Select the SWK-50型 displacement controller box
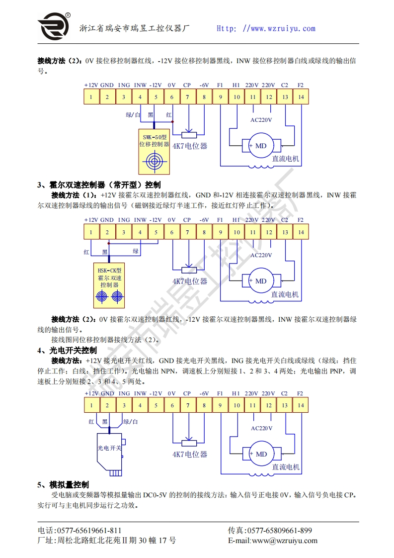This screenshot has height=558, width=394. [154, 151]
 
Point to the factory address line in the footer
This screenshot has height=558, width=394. [107, 541]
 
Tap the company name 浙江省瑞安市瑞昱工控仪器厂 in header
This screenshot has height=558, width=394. [135, 28]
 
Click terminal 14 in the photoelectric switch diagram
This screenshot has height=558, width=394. [301, 405]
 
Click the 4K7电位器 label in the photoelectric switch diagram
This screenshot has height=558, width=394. [190, 454]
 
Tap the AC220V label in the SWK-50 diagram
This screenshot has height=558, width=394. [261, 120]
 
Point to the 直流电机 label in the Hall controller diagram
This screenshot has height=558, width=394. [285, 294]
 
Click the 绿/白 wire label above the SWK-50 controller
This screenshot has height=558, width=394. [133, 115]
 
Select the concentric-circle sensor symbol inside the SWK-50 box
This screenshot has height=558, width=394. [154, 161]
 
